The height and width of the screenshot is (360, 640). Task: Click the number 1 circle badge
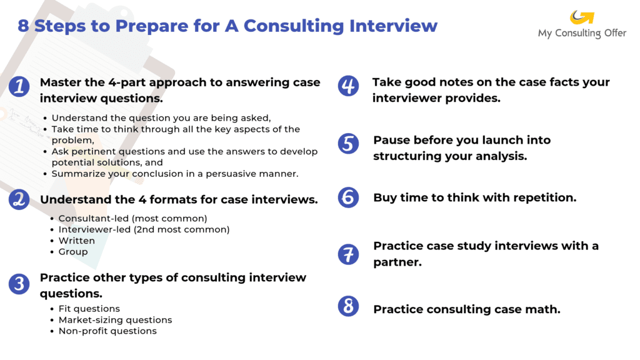(19, 86)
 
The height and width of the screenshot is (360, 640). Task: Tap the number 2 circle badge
(19, 199)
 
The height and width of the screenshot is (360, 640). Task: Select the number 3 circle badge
(19, 284)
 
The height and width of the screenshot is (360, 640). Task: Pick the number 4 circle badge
(348, 86)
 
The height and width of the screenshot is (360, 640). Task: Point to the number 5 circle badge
(348, 144)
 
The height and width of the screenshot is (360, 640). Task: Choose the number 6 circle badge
(348, 197)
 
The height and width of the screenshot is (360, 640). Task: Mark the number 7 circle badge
(348, 254)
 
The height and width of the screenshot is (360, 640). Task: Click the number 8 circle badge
(348, 306)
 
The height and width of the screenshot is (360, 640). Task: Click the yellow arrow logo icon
(582, 17)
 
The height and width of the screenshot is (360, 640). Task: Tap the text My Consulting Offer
(582, 33)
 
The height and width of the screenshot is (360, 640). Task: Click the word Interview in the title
(394, 26)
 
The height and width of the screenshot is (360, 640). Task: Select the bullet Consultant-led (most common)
(132, 218)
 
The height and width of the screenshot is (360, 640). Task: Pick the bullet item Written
(77, 241)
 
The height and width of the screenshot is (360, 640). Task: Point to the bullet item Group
(73, 252)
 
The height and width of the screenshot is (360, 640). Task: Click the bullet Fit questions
(89, 309)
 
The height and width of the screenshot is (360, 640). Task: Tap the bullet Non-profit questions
(107, 331)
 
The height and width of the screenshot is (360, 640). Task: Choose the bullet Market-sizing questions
(115, 320)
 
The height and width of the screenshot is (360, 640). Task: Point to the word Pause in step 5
(391, 140)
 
